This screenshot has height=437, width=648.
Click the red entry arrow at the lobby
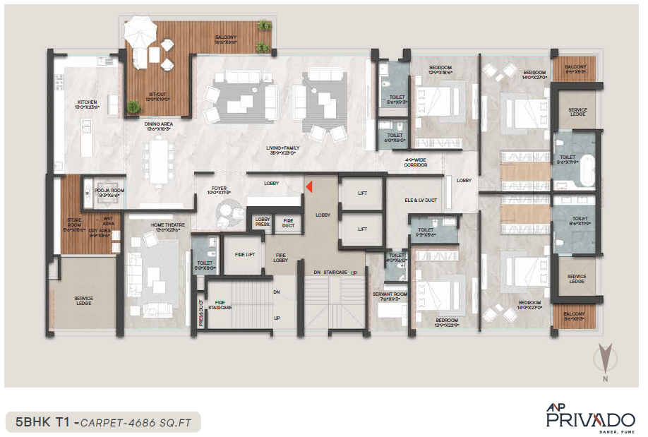[308, 186]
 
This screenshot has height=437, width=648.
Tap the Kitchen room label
[86, 104]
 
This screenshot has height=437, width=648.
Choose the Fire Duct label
[289, 223]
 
